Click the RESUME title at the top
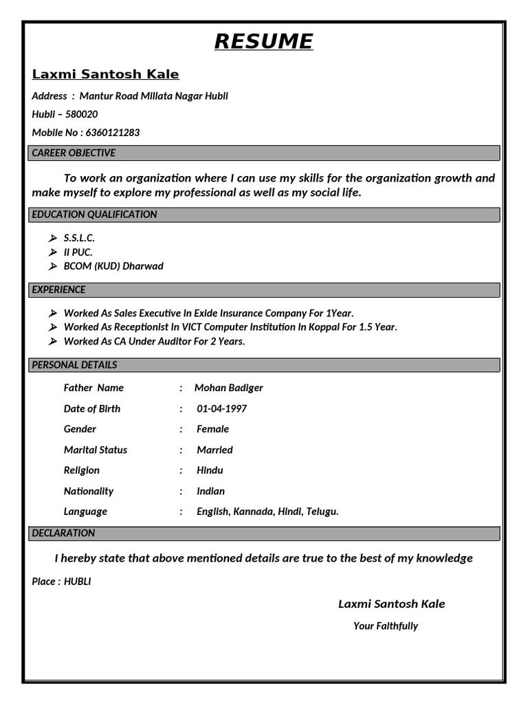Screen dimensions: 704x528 click(263, 42)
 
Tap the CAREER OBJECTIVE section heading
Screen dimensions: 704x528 click(74, 153)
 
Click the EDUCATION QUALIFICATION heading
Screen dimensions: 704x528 click(94, 214)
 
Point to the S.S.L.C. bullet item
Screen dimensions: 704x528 click(79, 238)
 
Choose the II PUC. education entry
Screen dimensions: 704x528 click(78, 252)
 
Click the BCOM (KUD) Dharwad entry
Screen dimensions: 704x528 click(113, 266)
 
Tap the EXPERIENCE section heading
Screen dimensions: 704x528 click(58, 289)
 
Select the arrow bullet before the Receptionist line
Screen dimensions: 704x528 click(53, 327)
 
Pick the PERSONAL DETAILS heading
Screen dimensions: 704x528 click(74, 365)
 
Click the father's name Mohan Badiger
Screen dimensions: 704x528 click(228, 388)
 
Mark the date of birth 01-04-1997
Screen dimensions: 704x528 click(221, 409)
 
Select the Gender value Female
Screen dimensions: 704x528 click(212, 429)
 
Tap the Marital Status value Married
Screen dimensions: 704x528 click(214, 450)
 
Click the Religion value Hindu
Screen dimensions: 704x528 click(210, 470)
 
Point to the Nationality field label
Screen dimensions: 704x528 click(89, 491)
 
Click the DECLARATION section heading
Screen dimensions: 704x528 click(63, 533)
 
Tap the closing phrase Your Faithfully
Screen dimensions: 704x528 click(385, 626)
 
